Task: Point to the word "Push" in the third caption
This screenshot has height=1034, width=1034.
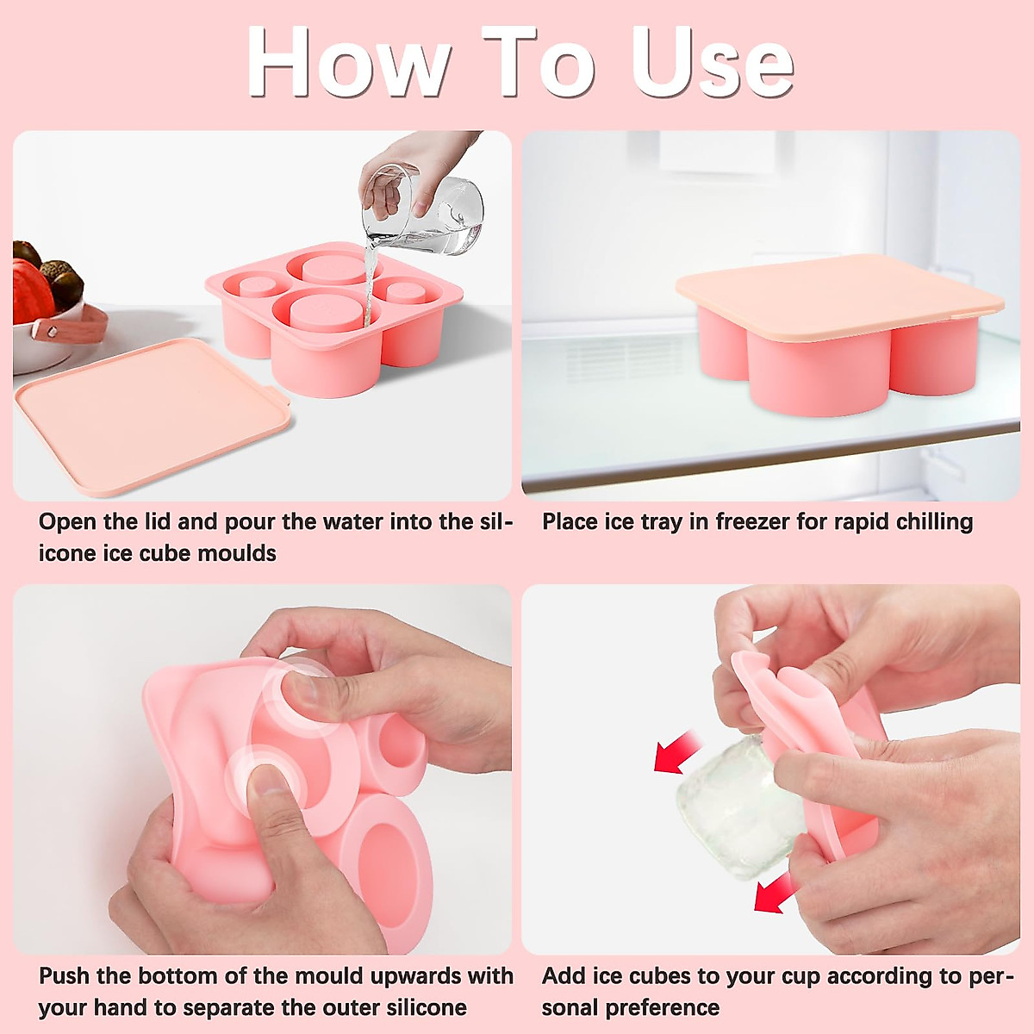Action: click(65, 976)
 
